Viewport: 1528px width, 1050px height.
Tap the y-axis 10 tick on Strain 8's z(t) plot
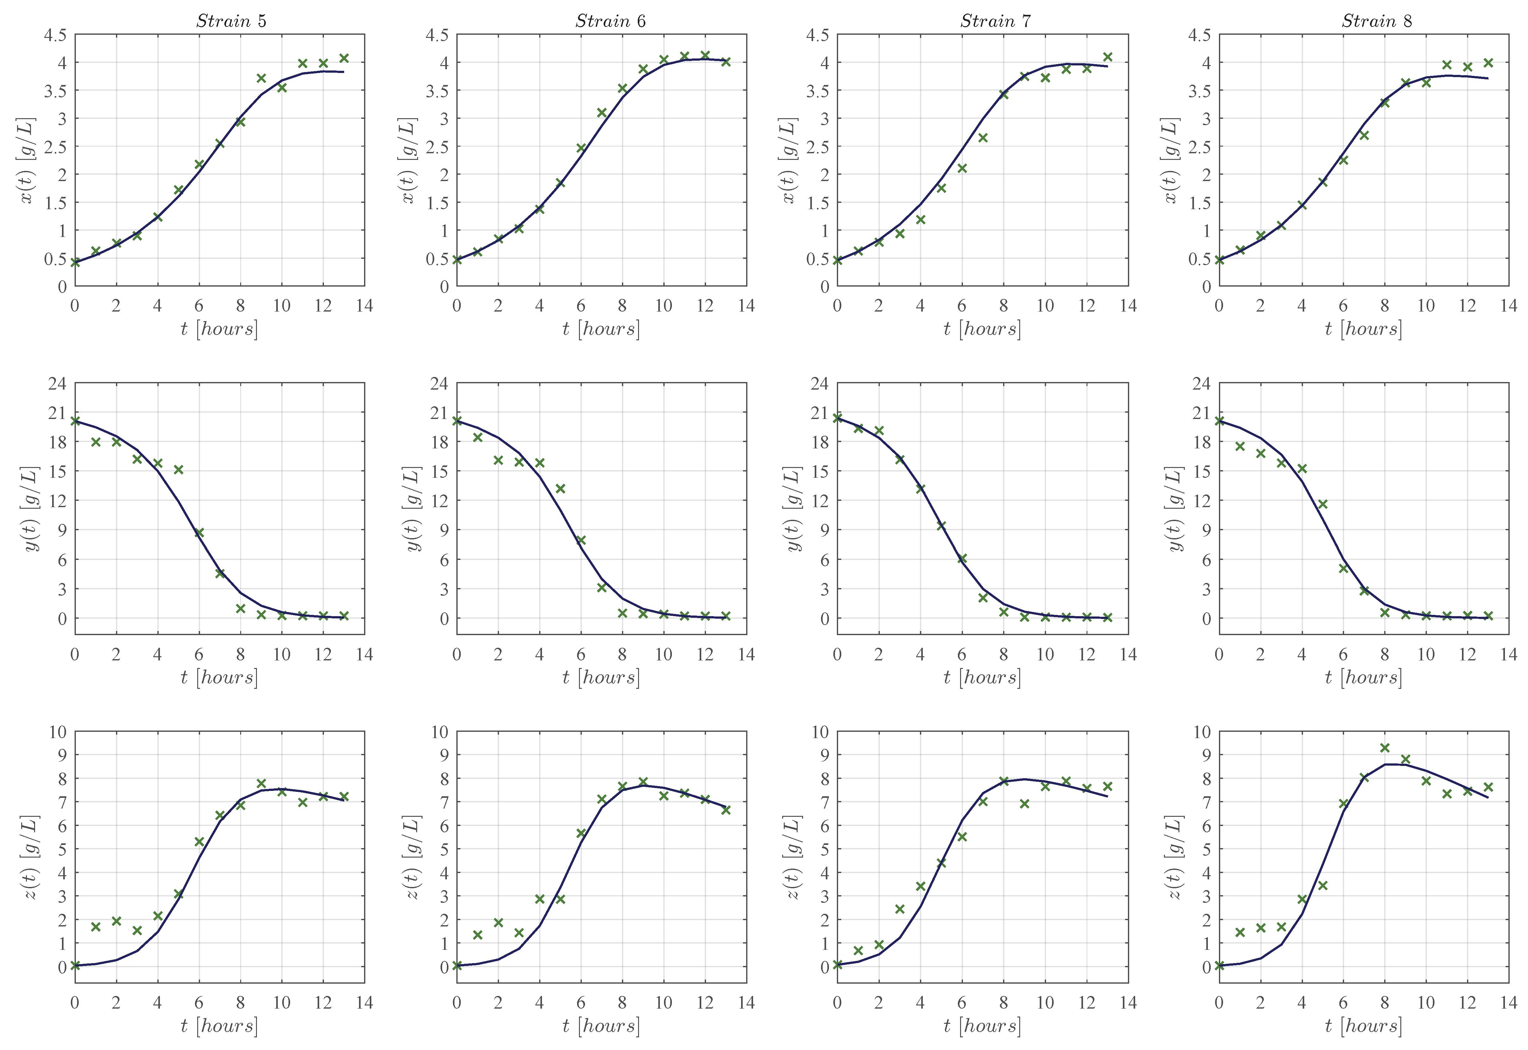tap(1202, 731)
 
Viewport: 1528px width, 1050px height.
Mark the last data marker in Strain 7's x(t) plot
tap(1107, 57)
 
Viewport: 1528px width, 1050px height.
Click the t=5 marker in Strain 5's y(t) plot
tap(178, 470)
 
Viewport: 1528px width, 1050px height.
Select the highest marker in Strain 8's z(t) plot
tap(1385, 748)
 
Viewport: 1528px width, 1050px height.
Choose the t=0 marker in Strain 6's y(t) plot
tap(457, 420)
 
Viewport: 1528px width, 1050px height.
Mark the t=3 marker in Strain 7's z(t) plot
tap(899, 909)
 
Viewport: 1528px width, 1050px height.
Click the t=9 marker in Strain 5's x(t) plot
tap(261, 78)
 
